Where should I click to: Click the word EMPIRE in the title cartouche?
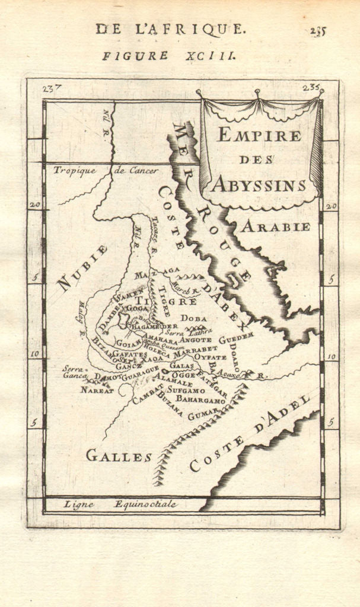260,135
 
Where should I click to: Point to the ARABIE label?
275,226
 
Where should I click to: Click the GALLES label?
119,456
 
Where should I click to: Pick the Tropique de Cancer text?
106,171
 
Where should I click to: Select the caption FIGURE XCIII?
170,56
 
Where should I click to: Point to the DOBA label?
194,318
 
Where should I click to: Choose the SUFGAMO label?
186,391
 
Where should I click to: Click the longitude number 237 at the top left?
53,90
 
